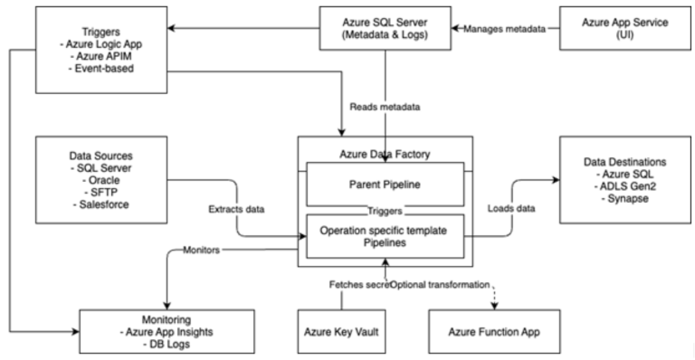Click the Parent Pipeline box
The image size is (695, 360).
coord(386,186)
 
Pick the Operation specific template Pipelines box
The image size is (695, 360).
coord(386,237)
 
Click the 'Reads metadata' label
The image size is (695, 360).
coord(384,107)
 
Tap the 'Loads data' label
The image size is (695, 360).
coord(512,209)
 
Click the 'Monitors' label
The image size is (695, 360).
coord(202,246)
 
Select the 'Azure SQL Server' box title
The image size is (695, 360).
coord(386,22)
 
